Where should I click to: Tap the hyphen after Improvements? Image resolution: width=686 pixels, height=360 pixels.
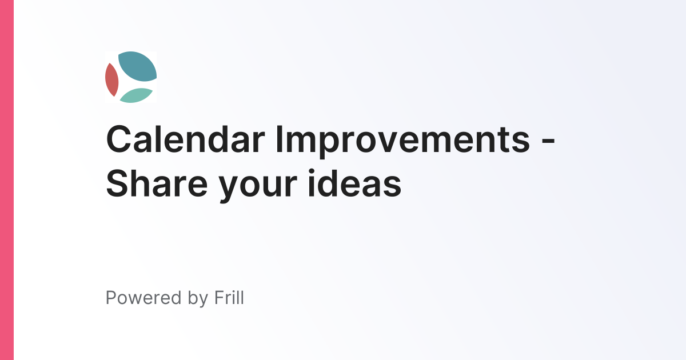tap(547, 142)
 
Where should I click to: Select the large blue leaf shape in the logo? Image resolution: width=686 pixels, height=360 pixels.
tap(137, 66)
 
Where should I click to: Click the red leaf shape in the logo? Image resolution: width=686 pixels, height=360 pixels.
tap(111, 80)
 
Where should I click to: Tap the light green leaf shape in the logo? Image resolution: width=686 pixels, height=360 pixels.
tap(135, 95)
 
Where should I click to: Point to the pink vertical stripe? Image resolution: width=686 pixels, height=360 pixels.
tap(6, 180)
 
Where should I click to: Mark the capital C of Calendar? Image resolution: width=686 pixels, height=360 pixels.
tap(119, 139)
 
